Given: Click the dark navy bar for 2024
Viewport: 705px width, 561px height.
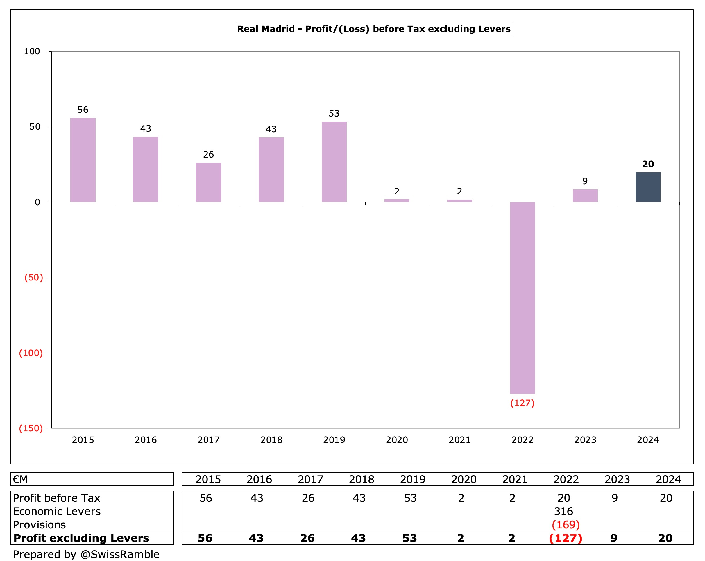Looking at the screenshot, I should click(x=647, y=187).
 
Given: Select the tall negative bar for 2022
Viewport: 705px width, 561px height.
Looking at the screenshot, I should click(x=522, y=298).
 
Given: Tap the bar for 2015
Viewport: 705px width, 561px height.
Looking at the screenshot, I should click(x=83, y=160).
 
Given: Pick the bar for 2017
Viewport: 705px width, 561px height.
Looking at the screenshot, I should click(x=208, y=182).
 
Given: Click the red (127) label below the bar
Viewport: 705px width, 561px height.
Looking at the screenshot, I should click(x=522, y=403).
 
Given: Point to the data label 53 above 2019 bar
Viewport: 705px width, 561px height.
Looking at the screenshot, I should click(x=334, y=114).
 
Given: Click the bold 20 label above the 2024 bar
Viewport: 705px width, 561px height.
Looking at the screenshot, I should click(x=647, y=164).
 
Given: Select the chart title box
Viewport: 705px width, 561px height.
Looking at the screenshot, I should click(x=373, y=29).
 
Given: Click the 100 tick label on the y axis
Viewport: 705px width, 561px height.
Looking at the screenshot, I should click(x=32, y=51).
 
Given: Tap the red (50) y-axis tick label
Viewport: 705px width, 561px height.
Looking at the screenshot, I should click(x=34, y=277).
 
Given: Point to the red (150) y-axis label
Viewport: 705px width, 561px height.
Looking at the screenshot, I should click(x=31, y=428).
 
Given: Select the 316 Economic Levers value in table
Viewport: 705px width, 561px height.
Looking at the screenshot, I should click(x=563, y=511).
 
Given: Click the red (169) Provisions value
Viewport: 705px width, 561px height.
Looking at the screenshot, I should click(x=566, y=525).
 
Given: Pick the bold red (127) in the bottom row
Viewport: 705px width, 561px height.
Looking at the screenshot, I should click(x=566, y=538).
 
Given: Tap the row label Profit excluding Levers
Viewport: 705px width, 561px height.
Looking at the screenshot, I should click(x=81, y=538).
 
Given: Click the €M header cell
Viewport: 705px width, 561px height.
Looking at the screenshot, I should click(x=20, y=479).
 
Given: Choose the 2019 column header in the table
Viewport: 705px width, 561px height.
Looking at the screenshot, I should click(x=412, y=479).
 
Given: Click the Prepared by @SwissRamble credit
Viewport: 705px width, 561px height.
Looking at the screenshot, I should click(x=86, y=554).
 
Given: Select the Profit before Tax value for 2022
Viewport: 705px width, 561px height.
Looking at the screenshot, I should click(x=564, y=498).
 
